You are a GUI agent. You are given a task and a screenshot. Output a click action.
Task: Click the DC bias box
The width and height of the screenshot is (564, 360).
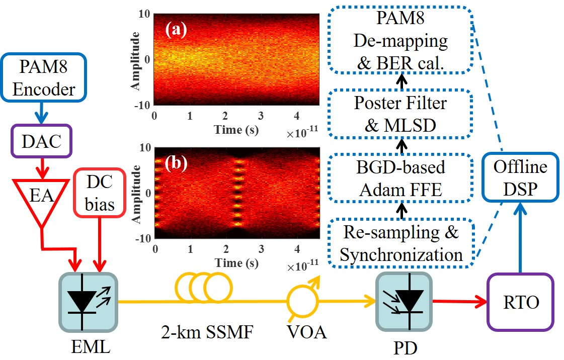point(100,194)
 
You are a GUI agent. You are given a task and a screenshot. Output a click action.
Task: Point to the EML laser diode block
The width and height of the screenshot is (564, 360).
point(89,302)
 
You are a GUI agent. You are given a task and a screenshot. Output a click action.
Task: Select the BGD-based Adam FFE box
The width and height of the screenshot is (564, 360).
point(400,178)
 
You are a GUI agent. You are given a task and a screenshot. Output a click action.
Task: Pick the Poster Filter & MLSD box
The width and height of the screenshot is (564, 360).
point(400,113)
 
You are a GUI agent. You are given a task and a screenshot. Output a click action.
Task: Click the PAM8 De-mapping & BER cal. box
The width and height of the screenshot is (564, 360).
point(400,41)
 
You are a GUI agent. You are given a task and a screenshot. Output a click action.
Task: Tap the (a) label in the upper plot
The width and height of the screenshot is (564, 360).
point(176,30)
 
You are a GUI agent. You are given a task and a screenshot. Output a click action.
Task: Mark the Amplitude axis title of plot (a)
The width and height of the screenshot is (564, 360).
point(135,59)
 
